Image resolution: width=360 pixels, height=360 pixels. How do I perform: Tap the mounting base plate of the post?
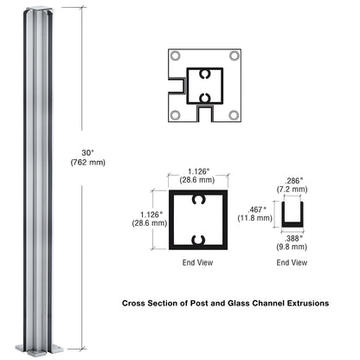[42, 349]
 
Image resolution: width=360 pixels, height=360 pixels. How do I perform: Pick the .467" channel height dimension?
[257, 209]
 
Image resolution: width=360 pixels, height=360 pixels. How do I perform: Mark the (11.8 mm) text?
[257, 220]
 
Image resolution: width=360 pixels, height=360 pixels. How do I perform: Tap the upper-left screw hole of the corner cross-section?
[176, 56]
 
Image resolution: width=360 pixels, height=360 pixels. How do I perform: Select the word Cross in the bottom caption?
[137, 304]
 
